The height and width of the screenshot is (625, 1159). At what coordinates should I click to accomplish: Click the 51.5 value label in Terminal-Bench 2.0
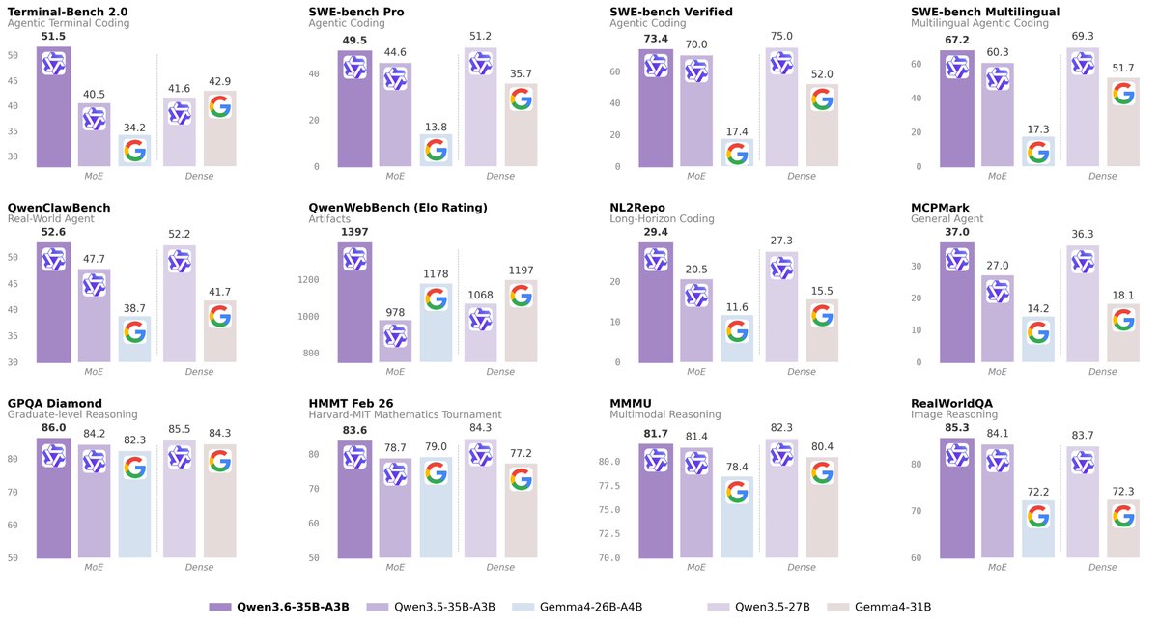point(53,36)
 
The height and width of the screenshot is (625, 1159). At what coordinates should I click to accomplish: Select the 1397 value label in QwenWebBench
point(354,232)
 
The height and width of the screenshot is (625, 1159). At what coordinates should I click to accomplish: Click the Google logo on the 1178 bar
point(436,298)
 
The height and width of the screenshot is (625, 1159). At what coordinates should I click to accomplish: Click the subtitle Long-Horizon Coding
point(662,219)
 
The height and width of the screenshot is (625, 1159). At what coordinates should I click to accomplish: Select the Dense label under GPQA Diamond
point(199,567)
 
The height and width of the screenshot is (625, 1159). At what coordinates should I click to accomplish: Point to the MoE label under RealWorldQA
point(998,567)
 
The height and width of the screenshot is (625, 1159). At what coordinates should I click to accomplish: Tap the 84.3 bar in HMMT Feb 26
point(480,502)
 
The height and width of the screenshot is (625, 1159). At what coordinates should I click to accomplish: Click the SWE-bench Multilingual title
point(994,12)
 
